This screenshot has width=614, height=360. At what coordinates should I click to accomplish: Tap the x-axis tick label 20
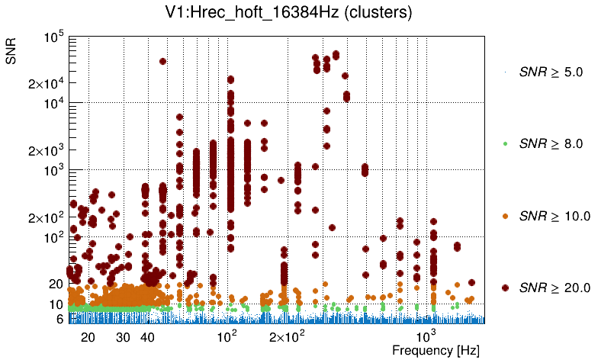click(x=88, y=336)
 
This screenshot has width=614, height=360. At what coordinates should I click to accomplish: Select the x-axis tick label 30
click(x=123, y=336)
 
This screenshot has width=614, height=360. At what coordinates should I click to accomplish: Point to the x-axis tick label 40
click(x=148, y=336)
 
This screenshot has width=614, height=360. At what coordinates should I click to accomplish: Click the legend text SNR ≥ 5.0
click(x=550, y=72)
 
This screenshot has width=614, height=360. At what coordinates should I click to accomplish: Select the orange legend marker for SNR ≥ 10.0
click(x=505, y=216)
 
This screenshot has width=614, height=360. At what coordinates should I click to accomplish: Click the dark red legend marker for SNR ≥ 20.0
click(x=505, y=288)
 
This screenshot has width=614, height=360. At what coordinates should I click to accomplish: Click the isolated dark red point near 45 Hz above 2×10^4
click(x=162, y=62)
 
